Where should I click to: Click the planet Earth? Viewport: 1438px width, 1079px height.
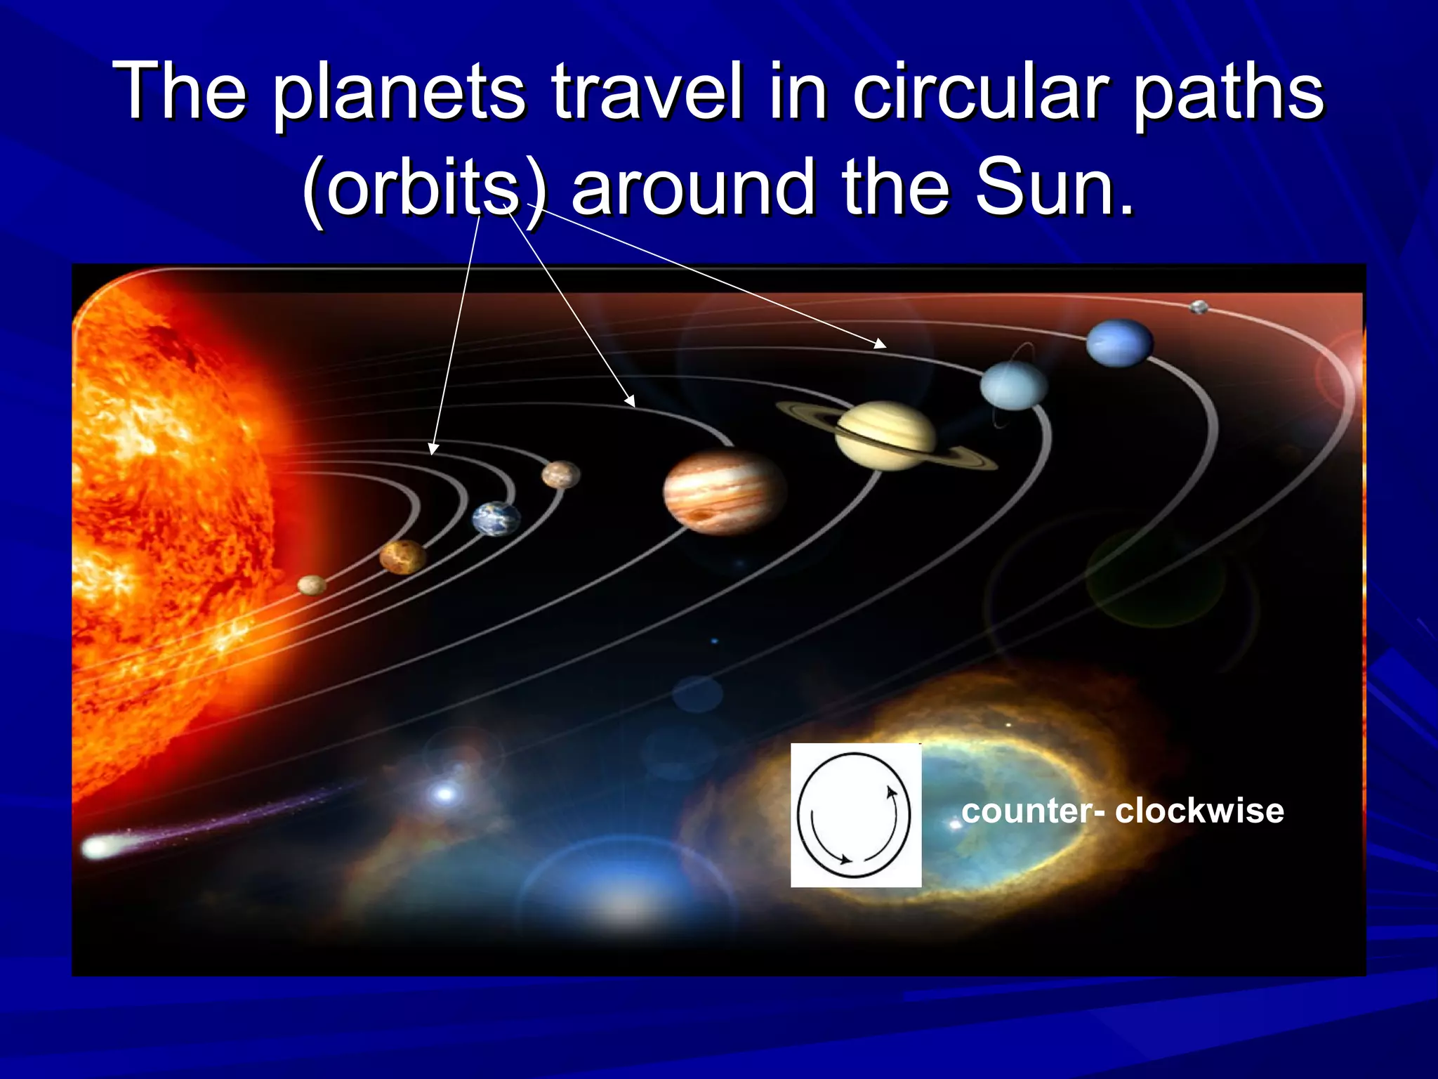496,519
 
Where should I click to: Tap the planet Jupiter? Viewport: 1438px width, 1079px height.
724,492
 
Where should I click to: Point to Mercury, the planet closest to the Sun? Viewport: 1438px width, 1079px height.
312,584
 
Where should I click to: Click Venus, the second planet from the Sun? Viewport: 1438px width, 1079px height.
402,557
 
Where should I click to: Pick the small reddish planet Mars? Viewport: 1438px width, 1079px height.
561,475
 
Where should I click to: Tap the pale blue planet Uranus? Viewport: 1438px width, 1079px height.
1013,385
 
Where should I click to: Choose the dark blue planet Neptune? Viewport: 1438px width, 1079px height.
1119,343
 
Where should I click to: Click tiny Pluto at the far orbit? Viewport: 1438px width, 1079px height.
1199,307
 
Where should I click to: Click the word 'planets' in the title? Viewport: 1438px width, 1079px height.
398,91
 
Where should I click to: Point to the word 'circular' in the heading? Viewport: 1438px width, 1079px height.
980,91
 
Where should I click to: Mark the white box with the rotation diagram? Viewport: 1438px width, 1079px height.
855,815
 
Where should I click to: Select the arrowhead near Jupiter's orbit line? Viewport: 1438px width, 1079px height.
631,402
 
